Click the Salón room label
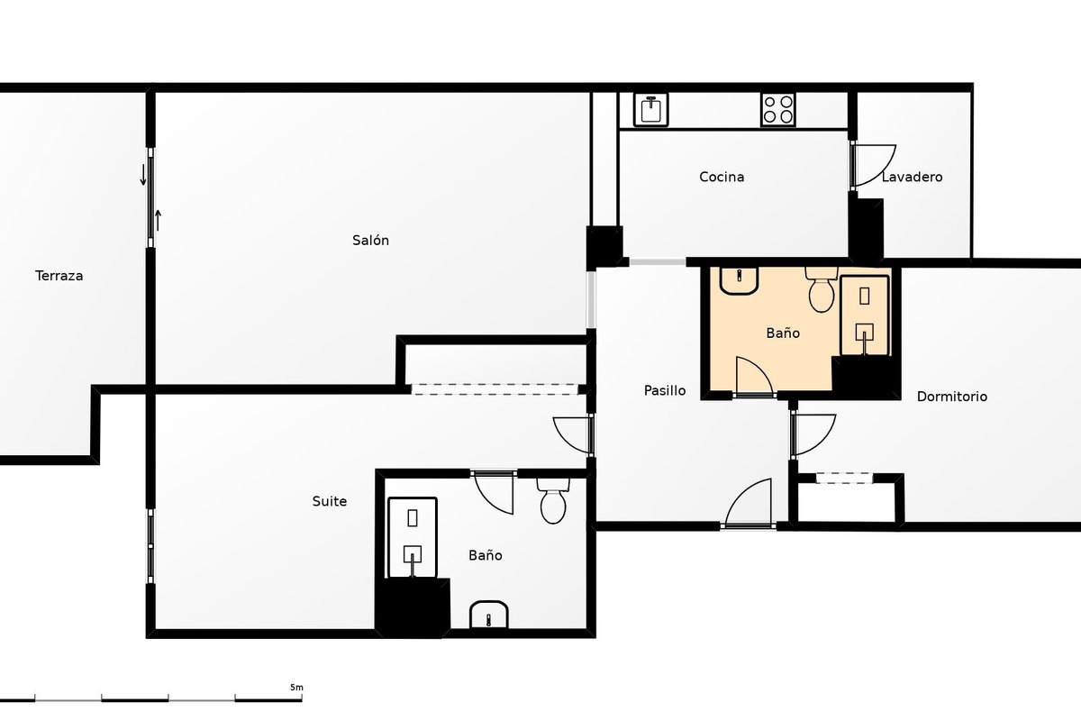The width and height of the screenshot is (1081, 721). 370,240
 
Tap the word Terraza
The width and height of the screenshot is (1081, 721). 59,276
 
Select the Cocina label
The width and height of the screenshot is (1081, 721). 722,177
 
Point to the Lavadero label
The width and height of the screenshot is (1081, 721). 912,177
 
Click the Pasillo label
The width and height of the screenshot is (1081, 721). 665,390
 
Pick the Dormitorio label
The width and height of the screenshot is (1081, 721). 951,397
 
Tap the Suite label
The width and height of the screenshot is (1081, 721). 329,501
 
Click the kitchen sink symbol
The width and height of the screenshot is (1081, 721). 651,110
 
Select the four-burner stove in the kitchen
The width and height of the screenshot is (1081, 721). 778,110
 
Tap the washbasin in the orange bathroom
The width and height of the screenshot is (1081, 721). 739,280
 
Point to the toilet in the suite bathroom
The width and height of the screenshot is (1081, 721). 553,500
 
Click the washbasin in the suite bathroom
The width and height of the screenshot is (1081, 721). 489,615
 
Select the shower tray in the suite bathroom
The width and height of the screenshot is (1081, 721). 413,537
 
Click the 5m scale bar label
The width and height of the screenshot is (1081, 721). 296,687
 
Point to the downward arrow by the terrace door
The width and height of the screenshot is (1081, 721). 143,175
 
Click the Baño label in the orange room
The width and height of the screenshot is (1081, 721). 783,333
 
